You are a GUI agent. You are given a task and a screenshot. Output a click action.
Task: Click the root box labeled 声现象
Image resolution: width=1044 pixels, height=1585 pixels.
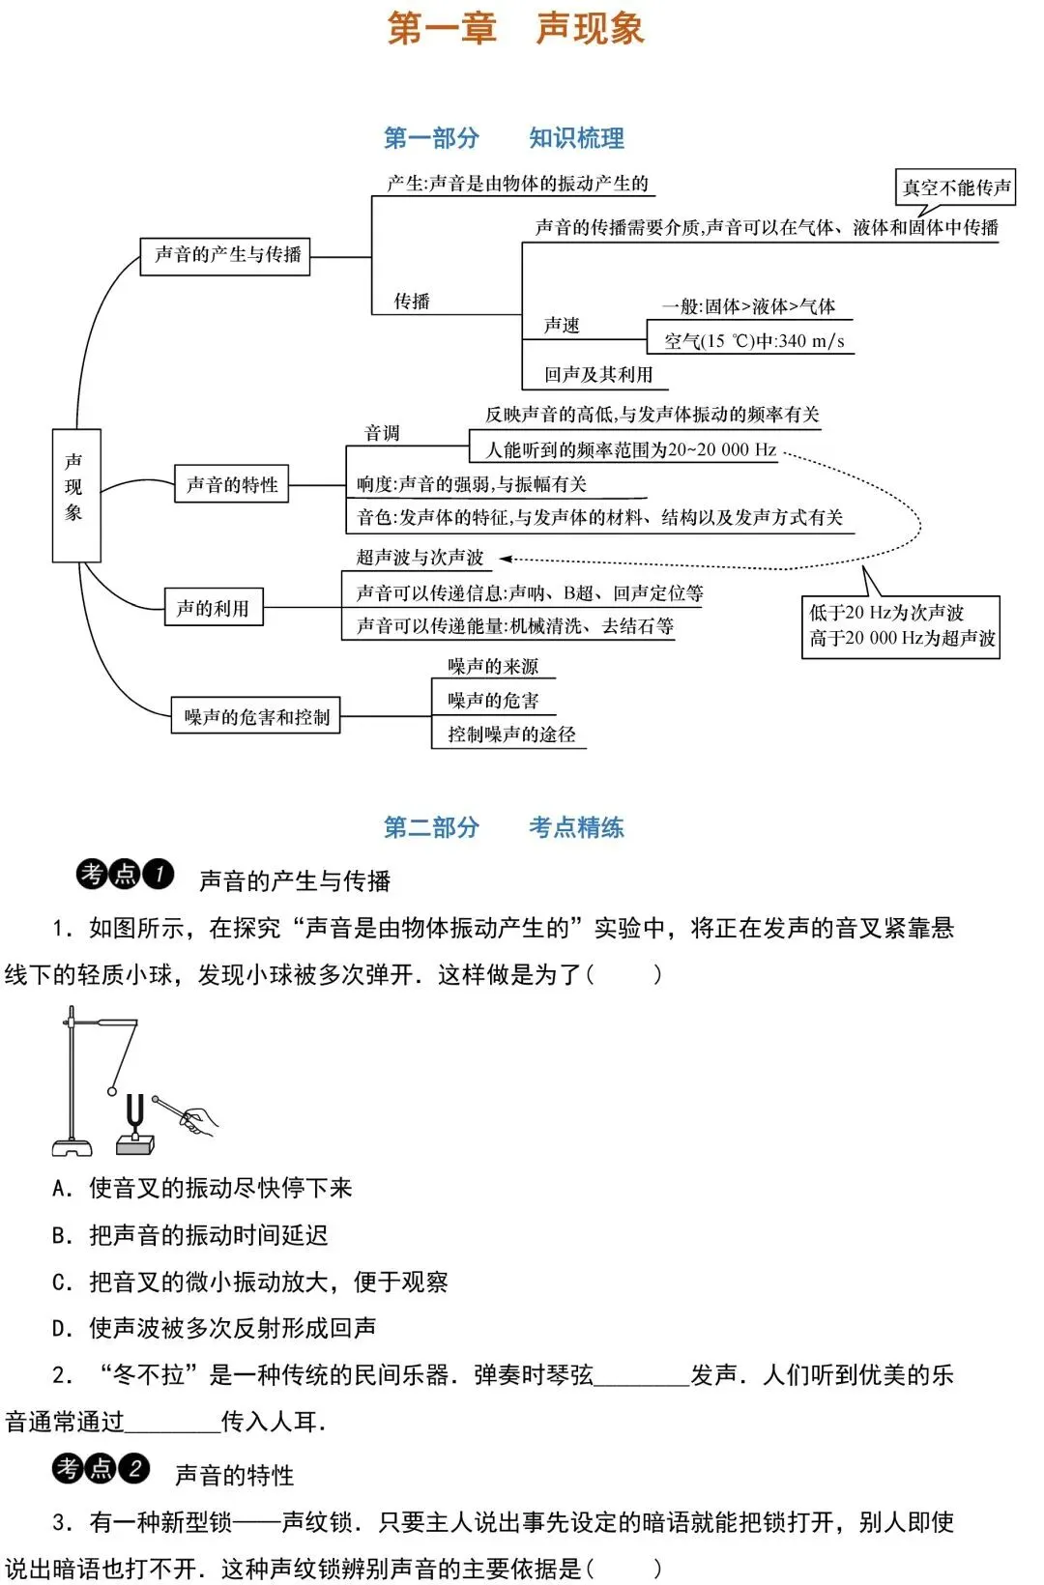(x=76, y=495)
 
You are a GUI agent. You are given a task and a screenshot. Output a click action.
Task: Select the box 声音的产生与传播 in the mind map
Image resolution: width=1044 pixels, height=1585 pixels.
(x=225, y=256)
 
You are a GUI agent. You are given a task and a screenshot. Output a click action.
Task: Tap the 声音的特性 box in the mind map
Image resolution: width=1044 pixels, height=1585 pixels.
(x=232, y=483)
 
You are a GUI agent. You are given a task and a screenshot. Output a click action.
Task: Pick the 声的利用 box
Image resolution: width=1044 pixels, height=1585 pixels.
(x=214, y=607)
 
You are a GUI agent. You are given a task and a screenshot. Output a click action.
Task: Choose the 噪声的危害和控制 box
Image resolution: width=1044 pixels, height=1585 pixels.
(x=256, y=716)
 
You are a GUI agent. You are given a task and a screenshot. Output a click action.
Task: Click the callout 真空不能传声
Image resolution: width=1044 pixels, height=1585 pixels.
(x=955, y=187)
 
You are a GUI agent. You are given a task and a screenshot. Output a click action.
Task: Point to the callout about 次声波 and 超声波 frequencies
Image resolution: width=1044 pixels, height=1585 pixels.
(x=901, y=626)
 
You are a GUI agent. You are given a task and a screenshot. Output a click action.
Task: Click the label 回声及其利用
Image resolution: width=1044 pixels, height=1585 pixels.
(x=598, y=374)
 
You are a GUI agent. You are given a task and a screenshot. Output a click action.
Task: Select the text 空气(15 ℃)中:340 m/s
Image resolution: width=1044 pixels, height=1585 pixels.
(x=754, y=340)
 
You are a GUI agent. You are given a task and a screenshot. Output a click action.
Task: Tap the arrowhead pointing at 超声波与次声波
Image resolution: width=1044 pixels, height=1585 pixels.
(x=505, y=558)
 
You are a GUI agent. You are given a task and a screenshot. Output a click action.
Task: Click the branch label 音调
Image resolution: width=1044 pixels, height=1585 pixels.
(x=382, y=433)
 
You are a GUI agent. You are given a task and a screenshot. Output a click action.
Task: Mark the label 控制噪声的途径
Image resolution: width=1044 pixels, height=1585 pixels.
(x=511, y=734)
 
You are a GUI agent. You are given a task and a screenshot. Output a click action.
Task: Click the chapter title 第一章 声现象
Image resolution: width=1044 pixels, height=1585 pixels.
(x=515, y=29)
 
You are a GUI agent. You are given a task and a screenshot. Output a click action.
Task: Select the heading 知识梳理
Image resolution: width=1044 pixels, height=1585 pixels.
(x=576, y=138)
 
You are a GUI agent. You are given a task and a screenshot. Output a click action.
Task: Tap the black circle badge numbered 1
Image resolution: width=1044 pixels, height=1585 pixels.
(x=159, y=875)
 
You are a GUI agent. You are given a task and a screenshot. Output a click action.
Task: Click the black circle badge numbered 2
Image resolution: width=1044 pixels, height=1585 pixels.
(x=134, y=1468)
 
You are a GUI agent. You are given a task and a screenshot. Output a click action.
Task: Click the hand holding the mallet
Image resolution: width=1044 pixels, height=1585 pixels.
(x=199, y=1120)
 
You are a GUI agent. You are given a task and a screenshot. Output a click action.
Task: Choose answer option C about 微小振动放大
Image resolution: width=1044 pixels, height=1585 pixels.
(x=249, y=1282)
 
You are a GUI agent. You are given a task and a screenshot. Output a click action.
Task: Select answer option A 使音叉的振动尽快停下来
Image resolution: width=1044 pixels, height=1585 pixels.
(x=202, y=1188)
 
